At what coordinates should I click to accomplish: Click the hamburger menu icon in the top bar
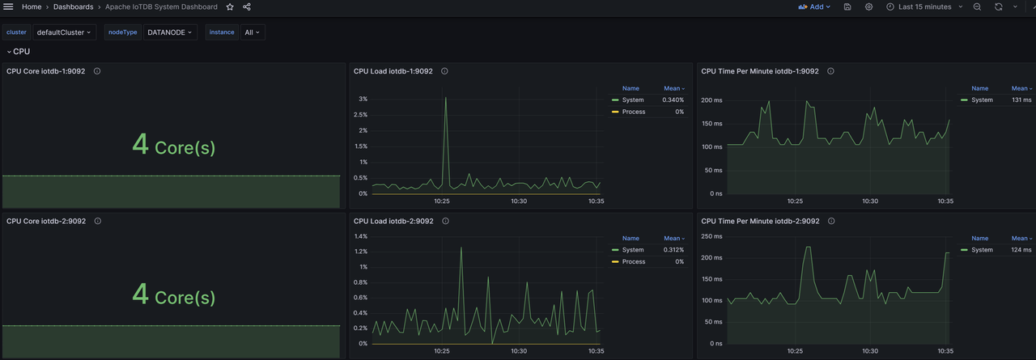click(8, 6)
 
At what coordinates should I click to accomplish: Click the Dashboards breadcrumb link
click(73, 6)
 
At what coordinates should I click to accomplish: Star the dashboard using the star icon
click(230, 6)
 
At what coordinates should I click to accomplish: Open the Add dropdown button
click(814, 6)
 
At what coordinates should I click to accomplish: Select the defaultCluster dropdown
click(64, 32)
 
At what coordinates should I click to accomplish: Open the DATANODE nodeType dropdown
click(170, 32)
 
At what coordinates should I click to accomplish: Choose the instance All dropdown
click(253, 32)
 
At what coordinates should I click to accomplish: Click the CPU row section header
click(19, 51)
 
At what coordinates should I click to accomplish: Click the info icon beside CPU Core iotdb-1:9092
click(97, 71)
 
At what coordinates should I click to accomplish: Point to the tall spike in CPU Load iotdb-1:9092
click(445, 99)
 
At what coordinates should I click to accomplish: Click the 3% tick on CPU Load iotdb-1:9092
click(363, 100)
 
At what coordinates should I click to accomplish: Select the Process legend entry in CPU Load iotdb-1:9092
click(634, 112)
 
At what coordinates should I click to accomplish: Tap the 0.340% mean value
click(673, 100)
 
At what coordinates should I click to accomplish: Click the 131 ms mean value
click(1021, 100)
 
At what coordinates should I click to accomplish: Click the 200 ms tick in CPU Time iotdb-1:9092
click(711, 100)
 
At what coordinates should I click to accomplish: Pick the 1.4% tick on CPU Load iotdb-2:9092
click(361, 236)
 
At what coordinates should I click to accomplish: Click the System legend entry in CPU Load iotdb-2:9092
click(633, 250)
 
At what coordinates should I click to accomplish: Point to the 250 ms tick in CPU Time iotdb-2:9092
click(711, 236)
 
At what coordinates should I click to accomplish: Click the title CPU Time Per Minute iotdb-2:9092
click(760, 221)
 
